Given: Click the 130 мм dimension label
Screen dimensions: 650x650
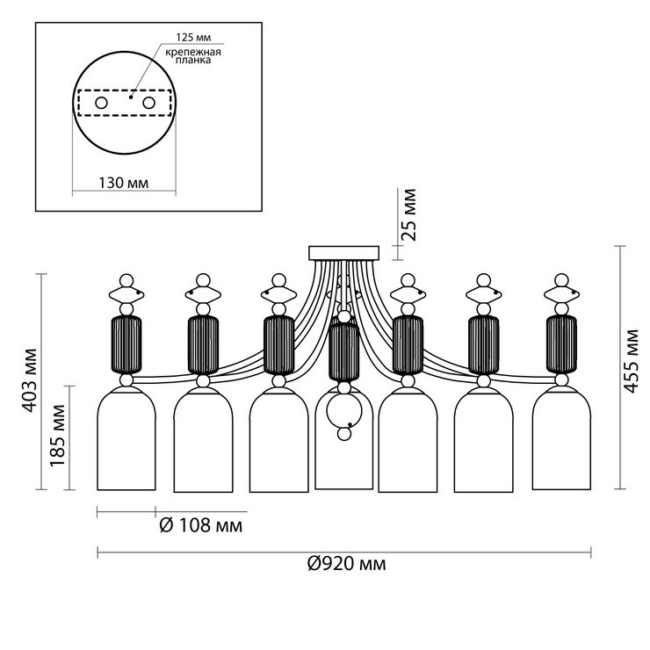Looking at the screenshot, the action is pos(124,183).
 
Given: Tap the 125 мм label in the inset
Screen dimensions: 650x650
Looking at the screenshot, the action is pos(193,38).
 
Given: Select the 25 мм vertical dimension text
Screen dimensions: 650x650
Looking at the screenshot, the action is pos(408,214).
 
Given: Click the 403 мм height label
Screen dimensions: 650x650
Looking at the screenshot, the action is pos(30,381).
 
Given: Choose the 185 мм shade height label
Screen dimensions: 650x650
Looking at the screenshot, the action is pos(58,436).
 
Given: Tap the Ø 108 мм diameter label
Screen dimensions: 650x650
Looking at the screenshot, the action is pos(201,525).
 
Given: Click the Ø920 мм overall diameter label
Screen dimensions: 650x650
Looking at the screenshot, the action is pos(347,564).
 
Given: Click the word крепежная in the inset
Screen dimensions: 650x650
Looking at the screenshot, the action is pos(193,52).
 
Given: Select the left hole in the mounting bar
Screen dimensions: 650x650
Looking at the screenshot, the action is pos(102,103).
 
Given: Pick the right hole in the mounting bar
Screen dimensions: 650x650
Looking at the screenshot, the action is pos(148,103).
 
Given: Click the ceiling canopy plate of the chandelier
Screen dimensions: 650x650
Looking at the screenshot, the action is pos(344,253).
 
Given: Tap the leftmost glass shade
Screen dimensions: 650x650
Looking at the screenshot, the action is pos(126,439).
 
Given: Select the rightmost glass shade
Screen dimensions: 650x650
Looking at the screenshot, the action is pos(561,439).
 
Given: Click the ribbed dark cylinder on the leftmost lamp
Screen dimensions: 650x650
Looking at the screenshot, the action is pos(126,344).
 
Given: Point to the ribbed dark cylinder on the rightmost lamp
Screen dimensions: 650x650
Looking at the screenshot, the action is pos(561,344).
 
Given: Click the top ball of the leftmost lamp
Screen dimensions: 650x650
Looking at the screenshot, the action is pos(126,280).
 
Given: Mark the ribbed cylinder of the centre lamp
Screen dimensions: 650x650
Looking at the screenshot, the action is pos(344,352).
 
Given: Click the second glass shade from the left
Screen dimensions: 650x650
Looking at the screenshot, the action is pos(203,440).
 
